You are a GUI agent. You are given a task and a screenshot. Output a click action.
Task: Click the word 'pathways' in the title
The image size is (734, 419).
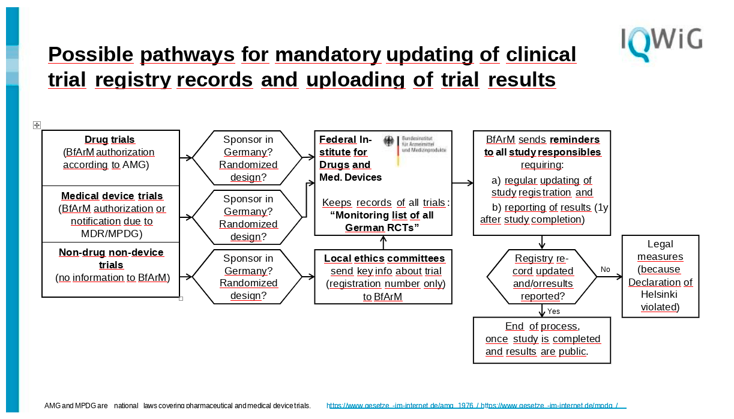(187, 55)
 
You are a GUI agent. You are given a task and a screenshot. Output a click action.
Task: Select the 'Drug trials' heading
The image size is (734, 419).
(109, 139)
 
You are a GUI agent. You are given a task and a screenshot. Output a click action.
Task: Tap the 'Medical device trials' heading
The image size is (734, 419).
(112, 196)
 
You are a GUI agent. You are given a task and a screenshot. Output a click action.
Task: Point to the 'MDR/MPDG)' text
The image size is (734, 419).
(112, 234)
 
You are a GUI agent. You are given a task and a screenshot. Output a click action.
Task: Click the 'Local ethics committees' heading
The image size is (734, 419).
(384, 258)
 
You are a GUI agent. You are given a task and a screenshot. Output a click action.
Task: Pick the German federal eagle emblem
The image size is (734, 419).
(389, 141)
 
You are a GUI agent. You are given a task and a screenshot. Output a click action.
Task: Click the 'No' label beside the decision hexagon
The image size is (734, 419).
(605, 270)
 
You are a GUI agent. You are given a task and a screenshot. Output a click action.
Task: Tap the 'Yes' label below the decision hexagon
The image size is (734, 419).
(553, 311)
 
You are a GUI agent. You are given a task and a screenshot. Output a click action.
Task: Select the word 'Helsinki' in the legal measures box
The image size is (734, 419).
(659, 294)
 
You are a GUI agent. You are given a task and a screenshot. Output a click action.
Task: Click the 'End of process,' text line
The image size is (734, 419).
(543, 326)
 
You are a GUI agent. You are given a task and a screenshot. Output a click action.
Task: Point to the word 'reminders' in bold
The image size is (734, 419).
(574, 139)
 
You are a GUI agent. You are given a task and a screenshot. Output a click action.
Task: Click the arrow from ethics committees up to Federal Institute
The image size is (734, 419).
(384, 243)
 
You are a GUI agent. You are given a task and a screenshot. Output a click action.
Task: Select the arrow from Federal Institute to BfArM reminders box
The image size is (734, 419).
(463, 183)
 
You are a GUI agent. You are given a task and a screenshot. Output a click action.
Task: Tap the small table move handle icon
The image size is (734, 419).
(37, 125)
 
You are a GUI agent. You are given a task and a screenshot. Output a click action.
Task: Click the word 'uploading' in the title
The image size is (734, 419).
(355, 80)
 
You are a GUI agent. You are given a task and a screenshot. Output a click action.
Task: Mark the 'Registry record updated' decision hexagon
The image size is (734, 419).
(542, 277)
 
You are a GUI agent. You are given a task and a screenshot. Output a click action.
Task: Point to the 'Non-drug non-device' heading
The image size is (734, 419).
(111, 252)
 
